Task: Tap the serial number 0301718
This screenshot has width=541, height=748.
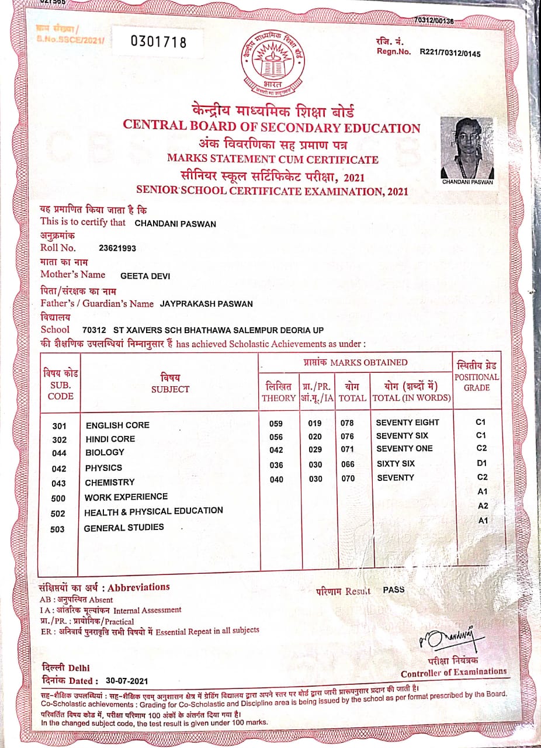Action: pos(158,41)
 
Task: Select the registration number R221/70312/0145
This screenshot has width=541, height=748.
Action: pos(450,53)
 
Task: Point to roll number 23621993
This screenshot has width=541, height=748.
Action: pos(117,248)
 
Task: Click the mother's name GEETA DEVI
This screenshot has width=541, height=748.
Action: pos(145,276)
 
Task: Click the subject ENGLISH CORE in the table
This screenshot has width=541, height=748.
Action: pos(117,425)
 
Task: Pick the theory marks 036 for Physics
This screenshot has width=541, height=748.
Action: pos(276,465)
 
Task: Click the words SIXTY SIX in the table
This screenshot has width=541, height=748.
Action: pos(395,463)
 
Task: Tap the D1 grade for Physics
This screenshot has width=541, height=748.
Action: pos(481,463)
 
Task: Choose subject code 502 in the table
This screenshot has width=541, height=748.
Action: pos(58,514)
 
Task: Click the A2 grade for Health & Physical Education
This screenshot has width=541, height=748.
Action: pos(483,505)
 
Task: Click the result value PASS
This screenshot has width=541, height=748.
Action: pos(393,590)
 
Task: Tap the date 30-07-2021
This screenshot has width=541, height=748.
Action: pos(127,681)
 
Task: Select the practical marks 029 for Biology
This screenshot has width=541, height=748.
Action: pos(314,450)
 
